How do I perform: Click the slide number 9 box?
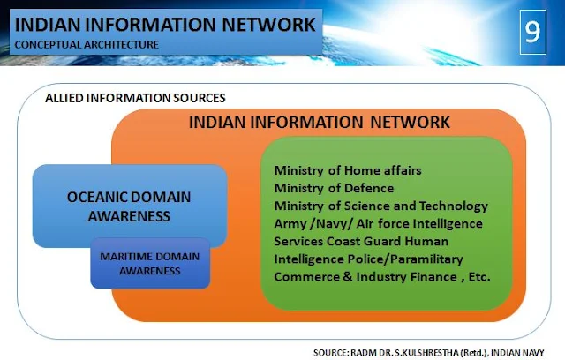(x=533, y=32)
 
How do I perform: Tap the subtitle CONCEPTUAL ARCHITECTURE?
(x=87, y=45)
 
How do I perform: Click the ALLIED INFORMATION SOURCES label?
(x=135, y=98)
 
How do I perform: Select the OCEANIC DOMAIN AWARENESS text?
(x=129, y=206)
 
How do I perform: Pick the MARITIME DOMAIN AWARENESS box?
(x=150, y=263)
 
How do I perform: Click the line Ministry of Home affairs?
(x=348, y=170)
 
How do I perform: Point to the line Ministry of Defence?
(x=334, y=188)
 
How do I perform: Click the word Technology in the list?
(x=453, y=206)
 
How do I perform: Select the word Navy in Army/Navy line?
(x=329, y=224)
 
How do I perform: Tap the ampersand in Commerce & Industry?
(x=347, y=277)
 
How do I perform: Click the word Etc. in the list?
(x=479, y=277)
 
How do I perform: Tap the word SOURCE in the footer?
(x=330, y=353)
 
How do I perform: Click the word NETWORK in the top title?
(x=268, y=25)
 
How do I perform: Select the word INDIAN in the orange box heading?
(x=217, y=123)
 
